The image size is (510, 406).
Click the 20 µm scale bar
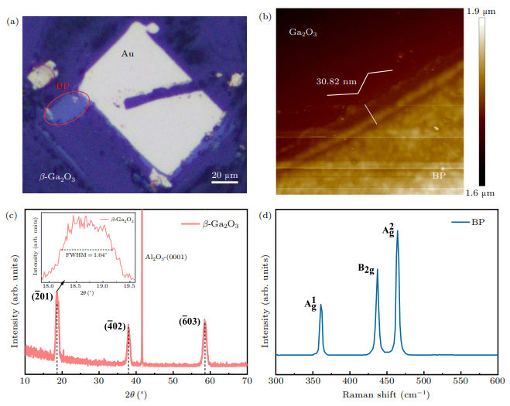[225, 175]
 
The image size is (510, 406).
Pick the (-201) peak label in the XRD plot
[43, 295]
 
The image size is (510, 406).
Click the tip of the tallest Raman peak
[398, 230]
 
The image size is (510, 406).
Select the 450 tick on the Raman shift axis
[350, 382]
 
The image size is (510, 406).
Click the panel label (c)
[12, 215]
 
